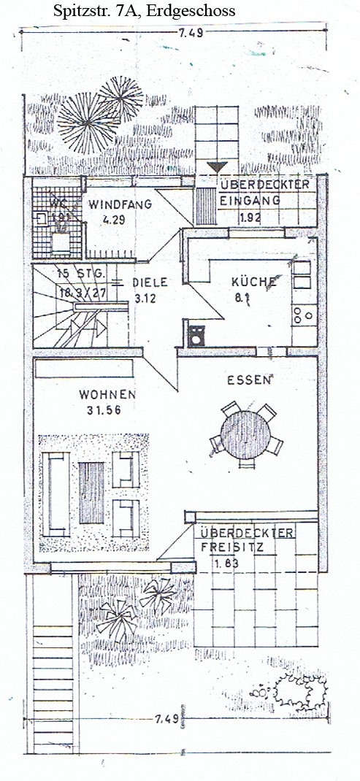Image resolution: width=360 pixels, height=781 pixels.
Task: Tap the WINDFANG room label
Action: click(120, 204)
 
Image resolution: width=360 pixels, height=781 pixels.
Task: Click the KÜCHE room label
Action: click(253, 282)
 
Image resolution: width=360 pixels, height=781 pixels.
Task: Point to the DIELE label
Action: click(150, 282)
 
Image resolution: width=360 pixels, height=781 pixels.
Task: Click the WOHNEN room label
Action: click(107, 394)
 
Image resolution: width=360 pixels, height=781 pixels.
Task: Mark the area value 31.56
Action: click(103, 409)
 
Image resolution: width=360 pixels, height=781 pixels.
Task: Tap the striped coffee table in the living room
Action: click(91, 491)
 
